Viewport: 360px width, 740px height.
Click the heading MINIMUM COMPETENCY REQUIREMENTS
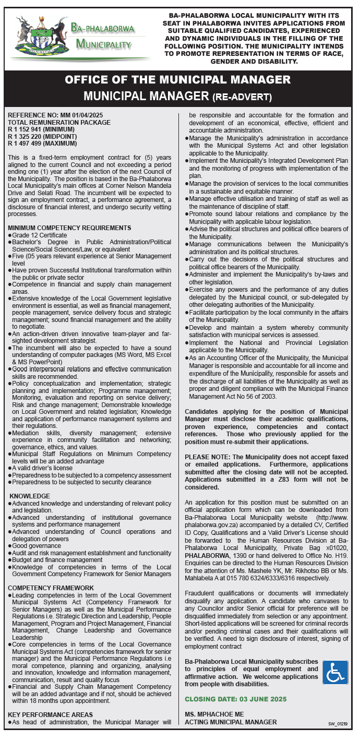[69, 228]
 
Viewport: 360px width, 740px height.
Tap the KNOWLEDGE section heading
[30, 496]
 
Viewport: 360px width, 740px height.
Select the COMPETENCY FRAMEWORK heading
[51, 588]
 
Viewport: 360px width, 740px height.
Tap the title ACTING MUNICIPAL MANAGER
[231, 722]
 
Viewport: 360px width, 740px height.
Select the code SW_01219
[338, 724]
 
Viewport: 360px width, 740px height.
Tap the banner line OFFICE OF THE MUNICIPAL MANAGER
[178, 80]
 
